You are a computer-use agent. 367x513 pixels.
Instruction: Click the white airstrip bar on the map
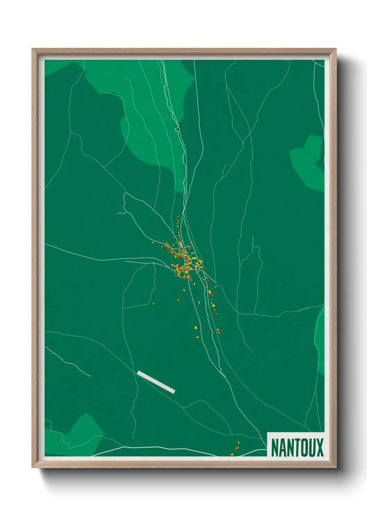[156, 382]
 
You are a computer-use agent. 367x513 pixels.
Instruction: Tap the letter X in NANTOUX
[319, 447]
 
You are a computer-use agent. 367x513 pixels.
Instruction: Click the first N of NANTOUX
[275, 447]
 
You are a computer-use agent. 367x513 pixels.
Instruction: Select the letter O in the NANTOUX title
[301, 447]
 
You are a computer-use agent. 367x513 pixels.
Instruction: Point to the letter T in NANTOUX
[293, 447]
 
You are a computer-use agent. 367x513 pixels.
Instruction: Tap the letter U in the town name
[310, 447]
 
